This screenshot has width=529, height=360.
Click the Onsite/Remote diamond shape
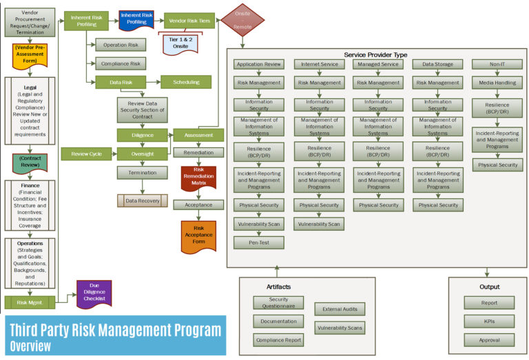pyautogui.click(x=242, y=20)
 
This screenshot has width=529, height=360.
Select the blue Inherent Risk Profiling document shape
pyautogui.click(x=136, y=20)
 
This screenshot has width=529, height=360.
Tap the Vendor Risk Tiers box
pyautogui.click(x=189, y=20)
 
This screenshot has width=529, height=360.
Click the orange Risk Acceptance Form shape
pyautogui.click(x=198, y=236)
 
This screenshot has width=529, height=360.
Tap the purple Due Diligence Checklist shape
pyautogui.click(x=94, y=295)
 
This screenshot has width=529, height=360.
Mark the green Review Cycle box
pyautogui.click(x=86, y=153)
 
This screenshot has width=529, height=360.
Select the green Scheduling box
pyautogui.click(x=185, y=82)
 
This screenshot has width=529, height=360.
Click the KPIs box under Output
pyautogui.click(x=488, y=321)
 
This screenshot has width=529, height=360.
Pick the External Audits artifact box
pyautogui.click(x=340, y=309)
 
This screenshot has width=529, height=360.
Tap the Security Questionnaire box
pyautogui.click(x=278, y=302)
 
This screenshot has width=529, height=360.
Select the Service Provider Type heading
pyautogui.click(x=375, y=54)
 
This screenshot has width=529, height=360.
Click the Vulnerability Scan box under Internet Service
pyautogui.click(x=319, y=224)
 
